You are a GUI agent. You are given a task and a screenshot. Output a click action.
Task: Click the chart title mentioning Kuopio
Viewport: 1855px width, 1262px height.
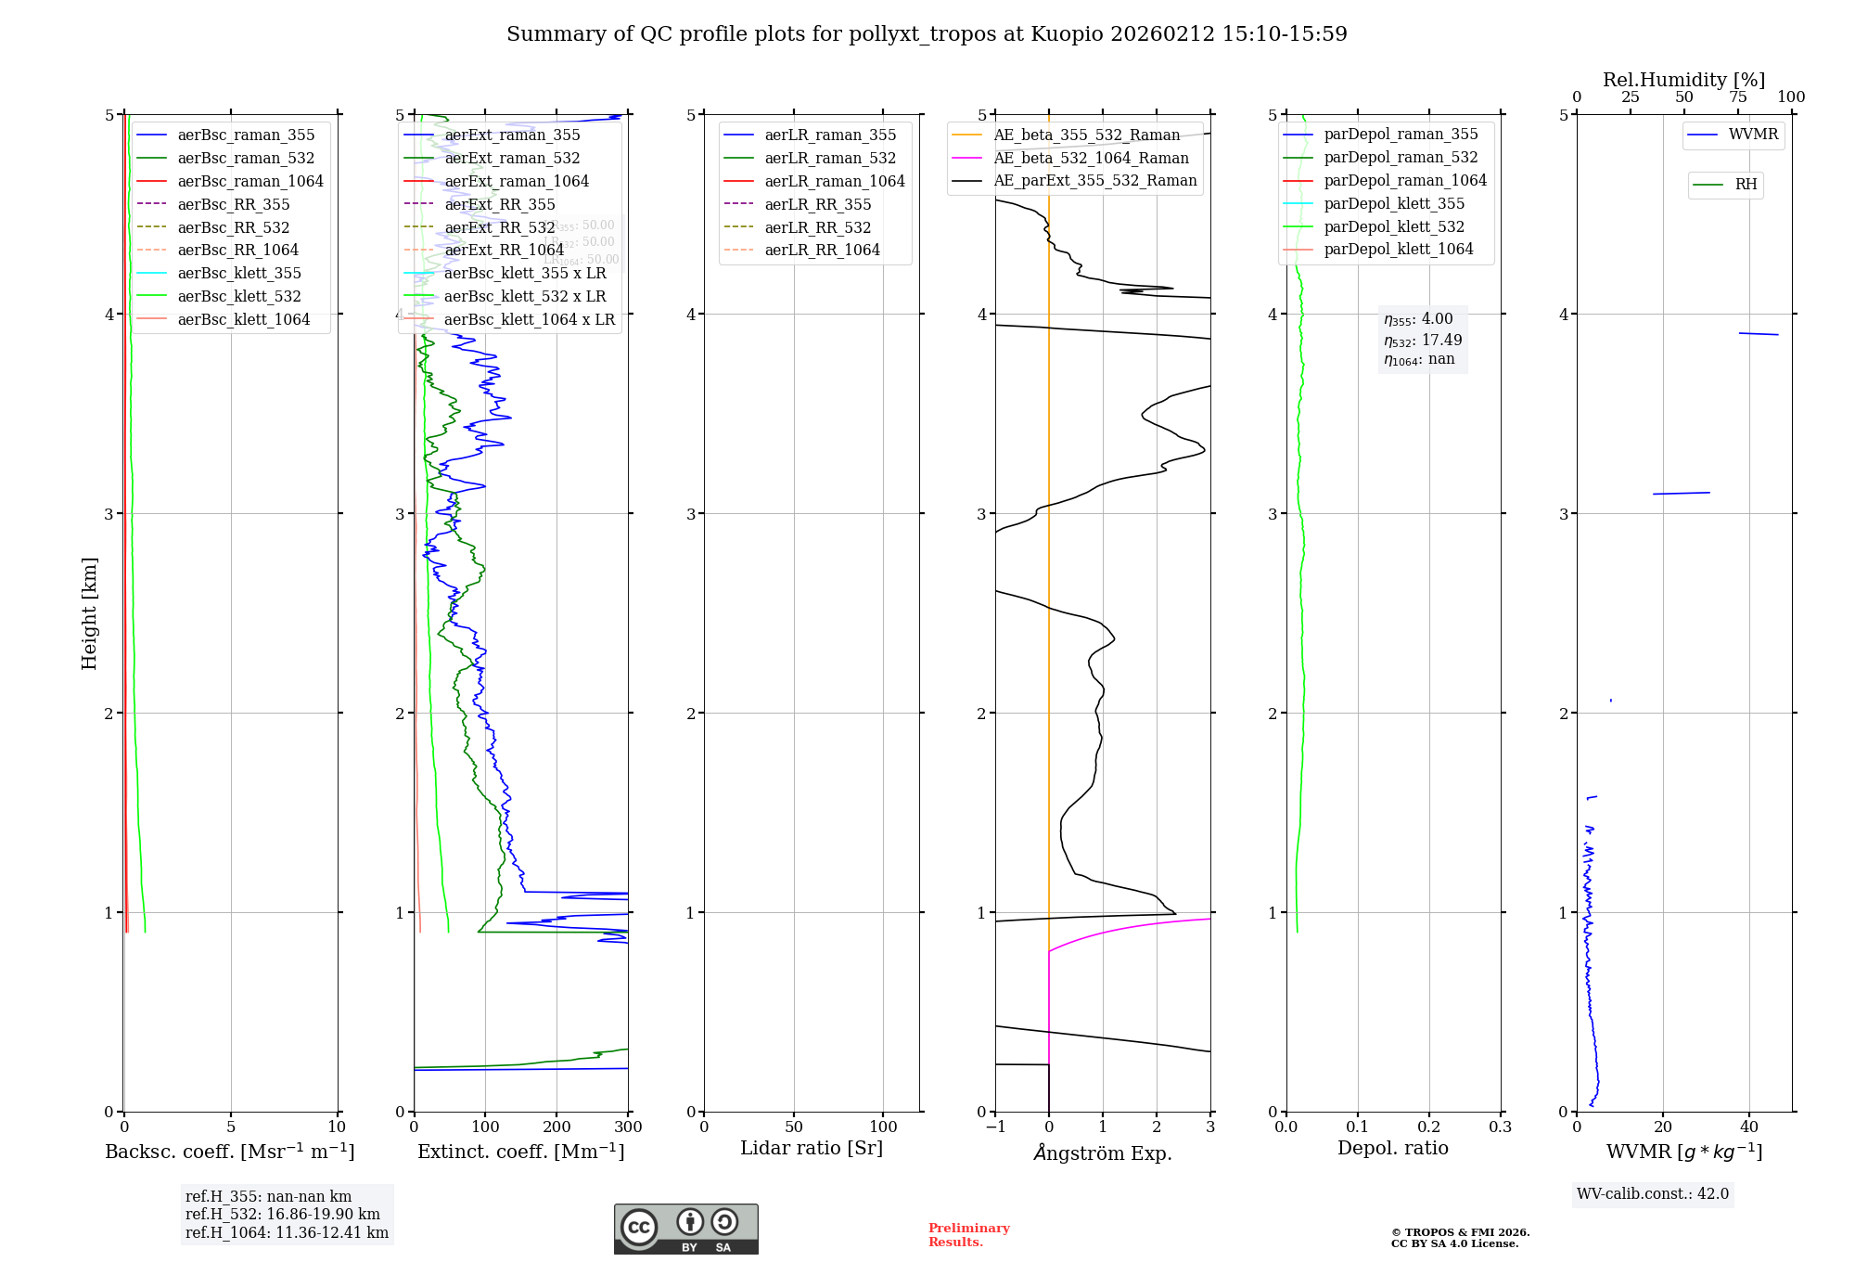pos(927,34)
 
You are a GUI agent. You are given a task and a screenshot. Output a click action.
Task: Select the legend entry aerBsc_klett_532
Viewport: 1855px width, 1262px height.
pos(239,296)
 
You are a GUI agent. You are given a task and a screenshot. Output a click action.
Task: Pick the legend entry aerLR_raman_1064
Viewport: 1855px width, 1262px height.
pos(835,181)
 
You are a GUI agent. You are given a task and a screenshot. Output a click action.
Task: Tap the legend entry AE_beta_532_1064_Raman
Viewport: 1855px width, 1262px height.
pos(1091,158)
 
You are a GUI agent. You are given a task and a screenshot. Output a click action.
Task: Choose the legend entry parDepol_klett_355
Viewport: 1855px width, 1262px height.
pos(1394,203)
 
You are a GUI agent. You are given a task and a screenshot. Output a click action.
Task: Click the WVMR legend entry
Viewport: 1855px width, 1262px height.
pos(1753,135)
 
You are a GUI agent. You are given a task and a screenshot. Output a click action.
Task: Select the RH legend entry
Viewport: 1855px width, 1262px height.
pos(1746,185)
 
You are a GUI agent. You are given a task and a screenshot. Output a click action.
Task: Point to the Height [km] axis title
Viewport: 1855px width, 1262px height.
pos(89,612)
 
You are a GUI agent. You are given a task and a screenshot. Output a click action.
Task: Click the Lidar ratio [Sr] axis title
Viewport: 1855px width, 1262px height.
pos(812,1148)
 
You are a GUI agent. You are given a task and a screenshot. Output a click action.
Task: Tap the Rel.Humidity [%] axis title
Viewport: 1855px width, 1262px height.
pos(1683,80)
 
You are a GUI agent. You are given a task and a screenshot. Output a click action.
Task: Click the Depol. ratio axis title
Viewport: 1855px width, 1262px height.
pos(1392,1148)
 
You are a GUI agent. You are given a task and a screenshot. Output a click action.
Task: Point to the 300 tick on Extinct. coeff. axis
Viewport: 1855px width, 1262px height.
pos(628,1127)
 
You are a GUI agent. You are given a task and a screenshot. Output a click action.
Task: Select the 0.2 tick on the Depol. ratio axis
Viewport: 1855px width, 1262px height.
pos(1429,1127)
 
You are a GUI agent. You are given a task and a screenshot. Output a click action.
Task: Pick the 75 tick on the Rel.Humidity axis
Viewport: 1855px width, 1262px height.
pos(1737,97)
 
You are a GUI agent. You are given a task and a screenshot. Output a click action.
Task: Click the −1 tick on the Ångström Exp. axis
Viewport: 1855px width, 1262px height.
pos(995,1127)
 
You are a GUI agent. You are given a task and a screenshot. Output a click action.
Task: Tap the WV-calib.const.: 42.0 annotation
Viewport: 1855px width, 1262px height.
pos(1653,1193)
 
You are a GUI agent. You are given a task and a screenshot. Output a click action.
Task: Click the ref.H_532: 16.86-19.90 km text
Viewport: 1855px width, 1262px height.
pos(282,1214)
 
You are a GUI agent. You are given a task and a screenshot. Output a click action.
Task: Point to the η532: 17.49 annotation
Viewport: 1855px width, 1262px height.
pos(1423,341)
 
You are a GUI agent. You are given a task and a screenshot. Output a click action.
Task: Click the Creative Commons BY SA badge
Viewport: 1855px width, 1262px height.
pos(685,1229)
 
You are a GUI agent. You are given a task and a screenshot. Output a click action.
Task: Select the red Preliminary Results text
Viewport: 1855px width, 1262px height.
pos(968,1234)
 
